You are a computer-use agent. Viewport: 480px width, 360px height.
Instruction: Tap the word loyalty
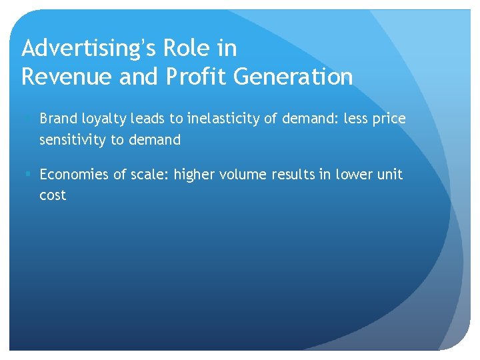pyautogui.click(x=101, y=119)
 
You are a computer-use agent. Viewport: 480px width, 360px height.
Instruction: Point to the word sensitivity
pyautogui.click(x=72, y=140)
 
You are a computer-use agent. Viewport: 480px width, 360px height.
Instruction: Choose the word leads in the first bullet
pyautogui.click(x=150, y=119)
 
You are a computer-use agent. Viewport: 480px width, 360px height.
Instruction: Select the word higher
pyautogui.click(x=195, y=175)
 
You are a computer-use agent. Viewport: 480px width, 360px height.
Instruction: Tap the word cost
pyautogui.click(x=53, y=196)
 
